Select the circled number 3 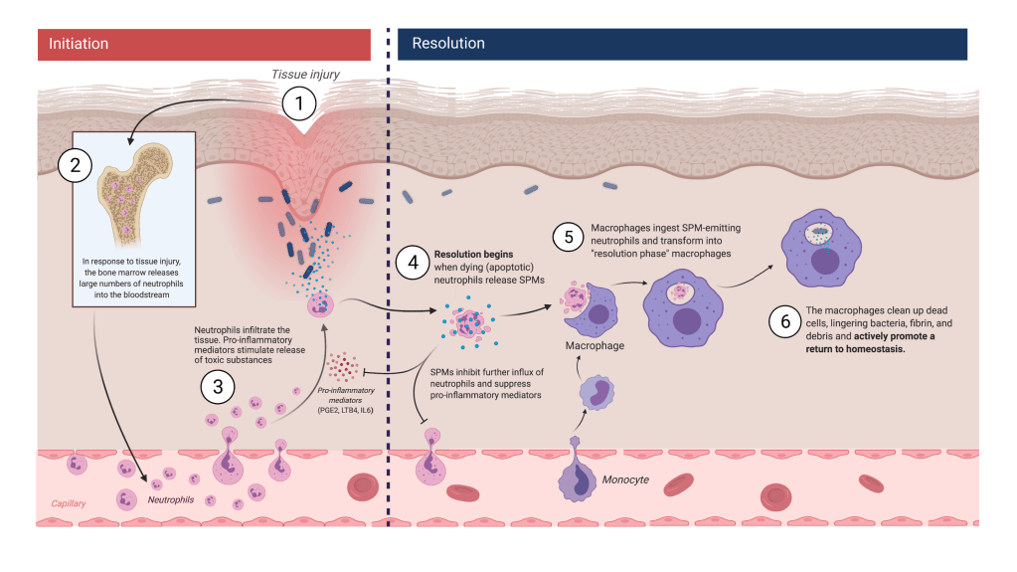(x=219, y=384)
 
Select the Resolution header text (x=448, y=44)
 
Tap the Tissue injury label (x=307, y=75)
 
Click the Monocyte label (x=626, y=479)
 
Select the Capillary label (x=69, y=502)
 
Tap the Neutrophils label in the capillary (x=171, y=499)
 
